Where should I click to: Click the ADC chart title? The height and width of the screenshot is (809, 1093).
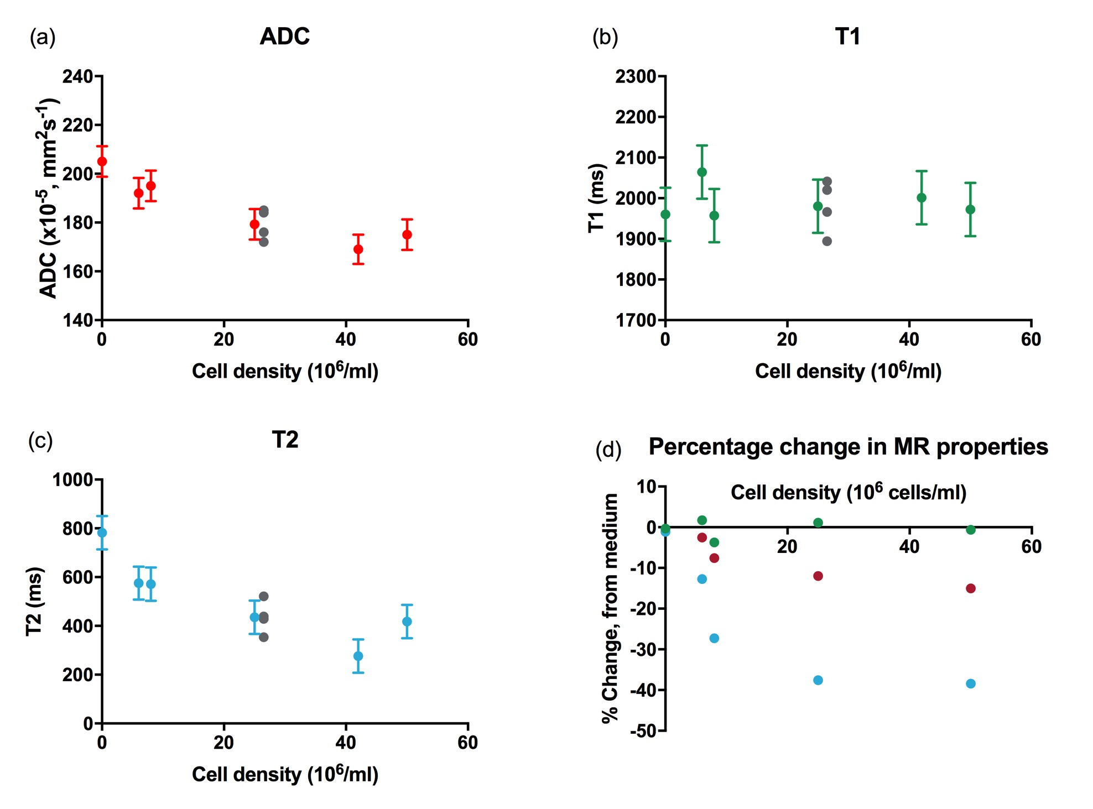284,36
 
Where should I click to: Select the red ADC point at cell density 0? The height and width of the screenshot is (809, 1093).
102,161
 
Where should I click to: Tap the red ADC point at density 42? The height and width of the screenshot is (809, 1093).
358,249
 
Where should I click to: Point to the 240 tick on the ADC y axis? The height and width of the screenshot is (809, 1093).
77,76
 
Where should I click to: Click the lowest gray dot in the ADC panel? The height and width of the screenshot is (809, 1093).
264,242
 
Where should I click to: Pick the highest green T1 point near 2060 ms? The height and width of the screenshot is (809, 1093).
702,172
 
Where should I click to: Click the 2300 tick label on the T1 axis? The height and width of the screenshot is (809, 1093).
636,76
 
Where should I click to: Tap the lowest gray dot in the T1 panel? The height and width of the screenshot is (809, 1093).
827,241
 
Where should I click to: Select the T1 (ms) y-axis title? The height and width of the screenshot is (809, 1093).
596,198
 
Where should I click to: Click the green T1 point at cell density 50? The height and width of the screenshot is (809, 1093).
970,210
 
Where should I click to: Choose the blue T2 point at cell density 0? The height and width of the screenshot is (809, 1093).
102,533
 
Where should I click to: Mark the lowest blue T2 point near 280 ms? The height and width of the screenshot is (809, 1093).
358,656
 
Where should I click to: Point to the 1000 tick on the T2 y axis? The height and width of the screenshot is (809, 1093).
72,479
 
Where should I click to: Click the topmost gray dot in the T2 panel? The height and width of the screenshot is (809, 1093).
264,597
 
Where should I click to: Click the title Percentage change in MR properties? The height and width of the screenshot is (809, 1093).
848,447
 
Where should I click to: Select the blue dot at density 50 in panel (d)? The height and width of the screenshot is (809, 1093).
970,683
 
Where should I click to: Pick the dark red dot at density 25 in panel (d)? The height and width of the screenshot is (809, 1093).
818,576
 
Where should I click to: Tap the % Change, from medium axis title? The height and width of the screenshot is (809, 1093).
610,608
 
